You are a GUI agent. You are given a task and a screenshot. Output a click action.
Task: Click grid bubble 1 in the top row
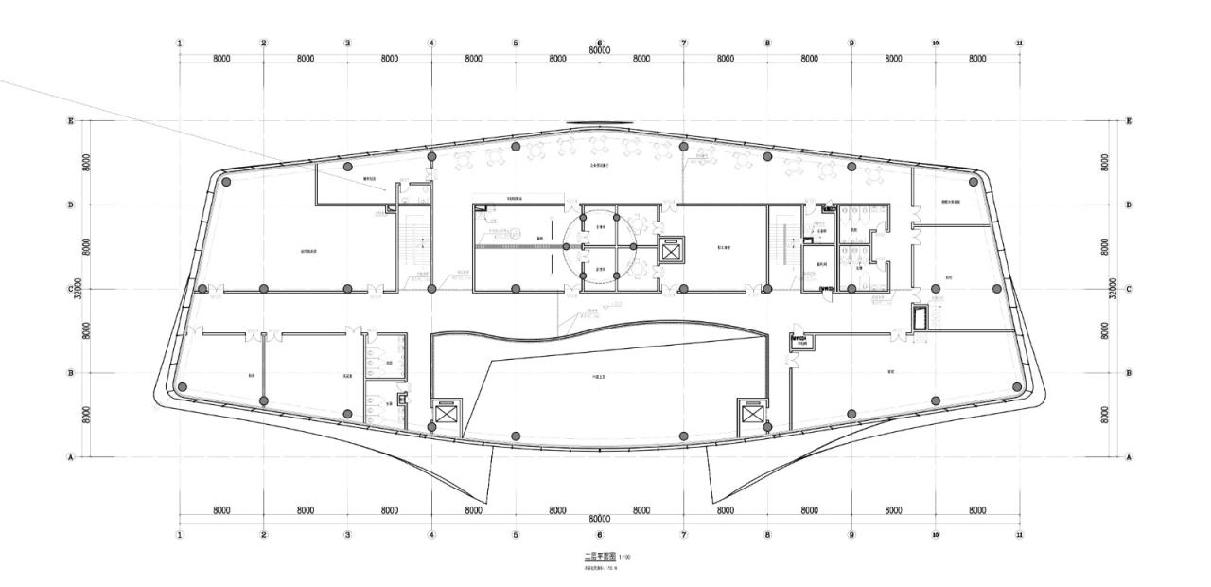[x=180, y=44]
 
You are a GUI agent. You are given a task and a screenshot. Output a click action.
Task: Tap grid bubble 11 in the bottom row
[x=1019, y=535]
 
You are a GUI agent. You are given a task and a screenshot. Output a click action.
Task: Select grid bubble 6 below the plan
[x=600, y=535]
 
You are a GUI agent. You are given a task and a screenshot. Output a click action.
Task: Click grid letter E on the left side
[x=70, y=121]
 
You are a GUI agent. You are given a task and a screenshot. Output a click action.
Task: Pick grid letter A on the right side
[x=1128, y=456]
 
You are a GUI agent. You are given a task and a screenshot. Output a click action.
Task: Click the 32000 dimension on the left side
[x=79, y=288]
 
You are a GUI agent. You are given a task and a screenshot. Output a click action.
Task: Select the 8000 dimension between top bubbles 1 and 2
[x=221, y=59]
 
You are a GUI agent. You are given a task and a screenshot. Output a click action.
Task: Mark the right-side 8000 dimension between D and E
[x=1105, y=162]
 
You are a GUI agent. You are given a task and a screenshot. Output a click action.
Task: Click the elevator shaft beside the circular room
[x=670, y=251]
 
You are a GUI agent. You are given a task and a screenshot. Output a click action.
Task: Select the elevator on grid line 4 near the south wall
[x=445, y=414]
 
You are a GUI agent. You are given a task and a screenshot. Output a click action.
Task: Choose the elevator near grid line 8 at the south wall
[x=751, y=414]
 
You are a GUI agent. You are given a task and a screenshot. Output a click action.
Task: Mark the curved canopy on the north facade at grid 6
[x=599, y=124]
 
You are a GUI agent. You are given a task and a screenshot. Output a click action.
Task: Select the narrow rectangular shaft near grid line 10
[x=921, y=317]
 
